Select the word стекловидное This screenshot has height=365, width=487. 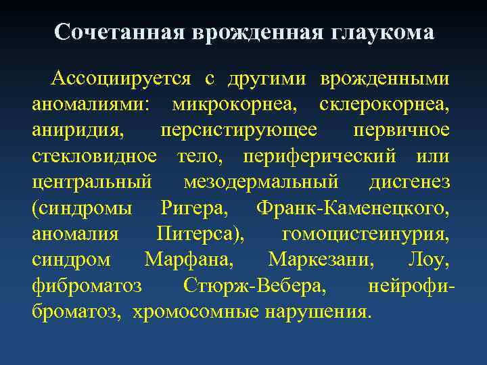tap(94, 157)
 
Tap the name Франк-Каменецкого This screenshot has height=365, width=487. tap(352, 209)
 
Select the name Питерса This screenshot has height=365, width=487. tap(201, 235)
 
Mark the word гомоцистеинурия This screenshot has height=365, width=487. tap(365, 235)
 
